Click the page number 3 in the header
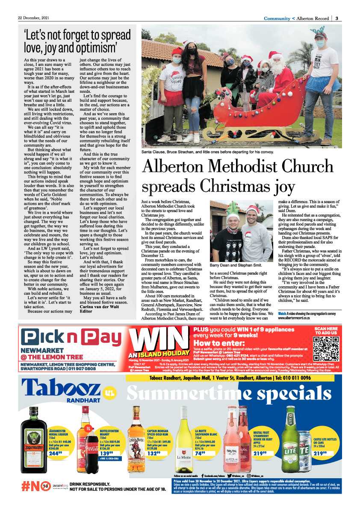(x=337, y=18)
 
